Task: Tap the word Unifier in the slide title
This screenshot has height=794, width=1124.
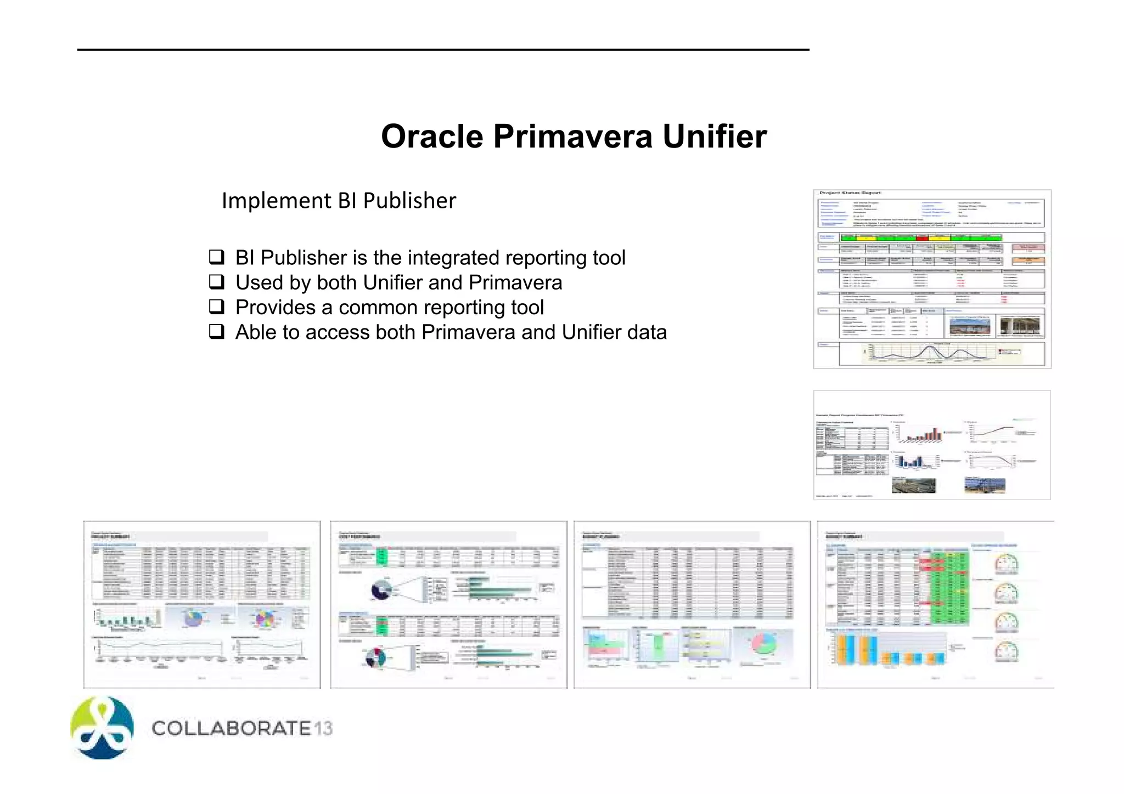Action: (714, 137)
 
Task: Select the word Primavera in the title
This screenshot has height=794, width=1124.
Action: (572, 137)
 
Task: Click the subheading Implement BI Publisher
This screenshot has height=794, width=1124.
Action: (339, 201)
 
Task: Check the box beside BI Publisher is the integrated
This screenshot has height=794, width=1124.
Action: (217, 257)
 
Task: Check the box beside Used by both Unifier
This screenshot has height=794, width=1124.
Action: (217, 282)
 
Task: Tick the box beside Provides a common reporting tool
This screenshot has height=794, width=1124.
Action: (217, 307)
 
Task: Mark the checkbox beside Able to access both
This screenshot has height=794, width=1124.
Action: (217, 332)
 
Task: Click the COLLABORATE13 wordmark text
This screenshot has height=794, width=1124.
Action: (242, 728)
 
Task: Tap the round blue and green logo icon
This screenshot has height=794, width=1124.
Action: (102, 728)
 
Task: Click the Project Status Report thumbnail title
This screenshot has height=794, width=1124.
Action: (850, 193)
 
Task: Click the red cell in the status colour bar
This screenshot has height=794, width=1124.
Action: (922, 237)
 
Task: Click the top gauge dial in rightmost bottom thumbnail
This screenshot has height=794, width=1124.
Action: (1006, 563)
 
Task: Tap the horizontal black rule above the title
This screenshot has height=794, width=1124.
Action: (443, 50)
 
